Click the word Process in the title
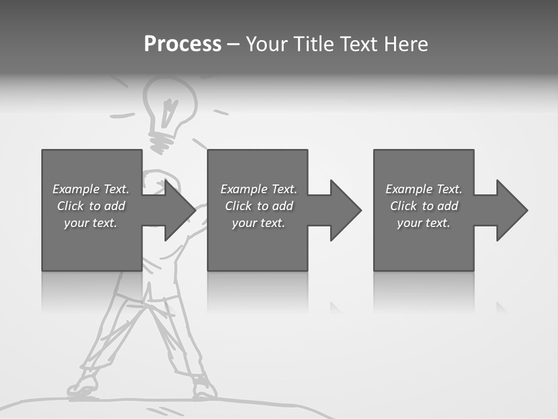coord(183,44)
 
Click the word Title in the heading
coord(313,44)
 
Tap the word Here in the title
coord(405,44)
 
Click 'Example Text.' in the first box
coord(91,189)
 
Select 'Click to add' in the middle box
coord(259,206)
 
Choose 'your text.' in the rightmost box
coord(424,223)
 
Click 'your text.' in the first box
coord(91,223)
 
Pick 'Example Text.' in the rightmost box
coord(424,189)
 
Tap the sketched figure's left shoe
coord(83,386)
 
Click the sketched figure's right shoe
coord(202,388)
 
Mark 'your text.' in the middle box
coord(259,223)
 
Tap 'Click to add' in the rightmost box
coord(424,206)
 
